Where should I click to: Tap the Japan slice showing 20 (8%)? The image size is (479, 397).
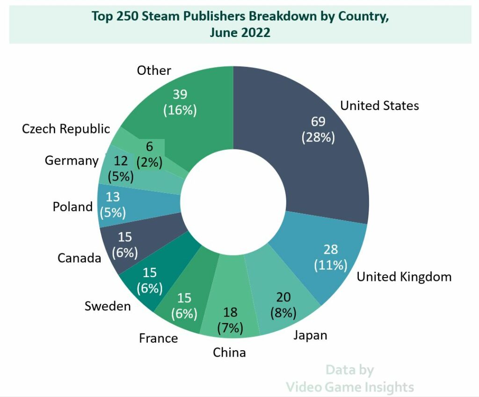tap(283, 304)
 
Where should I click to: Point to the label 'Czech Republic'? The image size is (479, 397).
tap(66, 129)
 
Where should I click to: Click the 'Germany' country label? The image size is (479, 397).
tap(71, 161)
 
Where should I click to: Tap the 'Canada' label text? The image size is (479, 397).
tap(79, 257)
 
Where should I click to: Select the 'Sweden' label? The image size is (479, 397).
tap(108, 306)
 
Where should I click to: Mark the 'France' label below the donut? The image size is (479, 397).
tap(158, 338)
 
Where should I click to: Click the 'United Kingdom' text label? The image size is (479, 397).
tap(404, 277)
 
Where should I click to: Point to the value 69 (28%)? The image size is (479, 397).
tap(318, 130)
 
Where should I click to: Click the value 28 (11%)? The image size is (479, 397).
tap(331, 257)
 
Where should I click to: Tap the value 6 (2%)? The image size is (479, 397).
tap(149, 154)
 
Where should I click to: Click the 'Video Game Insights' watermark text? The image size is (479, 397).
tap(349, 387)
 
